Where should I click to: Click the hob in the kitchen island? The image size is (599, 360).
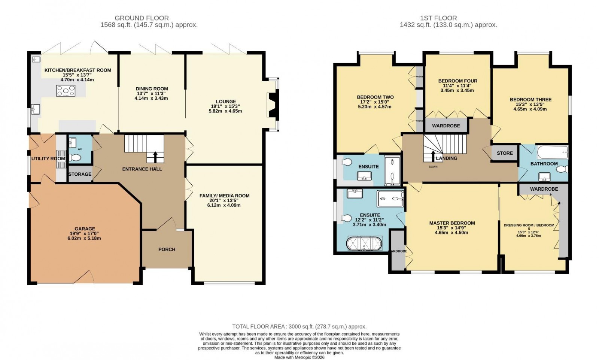[x=66, y=91]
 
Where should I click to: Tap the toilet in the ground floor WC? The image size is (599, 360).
[x=75, y=158]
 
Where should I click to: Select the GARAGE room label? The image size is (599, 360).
[x=85, y=229]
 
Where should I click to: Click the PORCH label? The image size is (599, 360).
[x=167, y=249]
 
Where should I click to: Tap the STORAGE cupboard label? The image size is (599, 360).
[x=80, y=174]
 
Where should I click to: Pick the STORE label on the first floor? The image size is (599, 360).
[x=505, y=153]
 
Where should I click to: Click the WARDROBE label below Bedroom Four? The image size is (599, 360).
[x=446, y=126]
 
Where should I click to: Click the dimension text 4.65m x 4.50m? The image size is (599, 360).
[x=451, y=233]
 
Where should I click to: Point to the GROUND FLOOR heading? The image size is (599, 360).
[x=142, y=18]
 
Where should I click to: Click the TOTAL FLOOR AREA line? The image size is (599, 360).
[x=299, y=327]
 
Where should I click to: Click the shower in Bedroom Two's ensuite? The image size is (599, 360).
[x=392, y=172]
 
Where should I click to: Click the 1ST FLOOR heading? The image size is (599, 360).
[x=438, y=18]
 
